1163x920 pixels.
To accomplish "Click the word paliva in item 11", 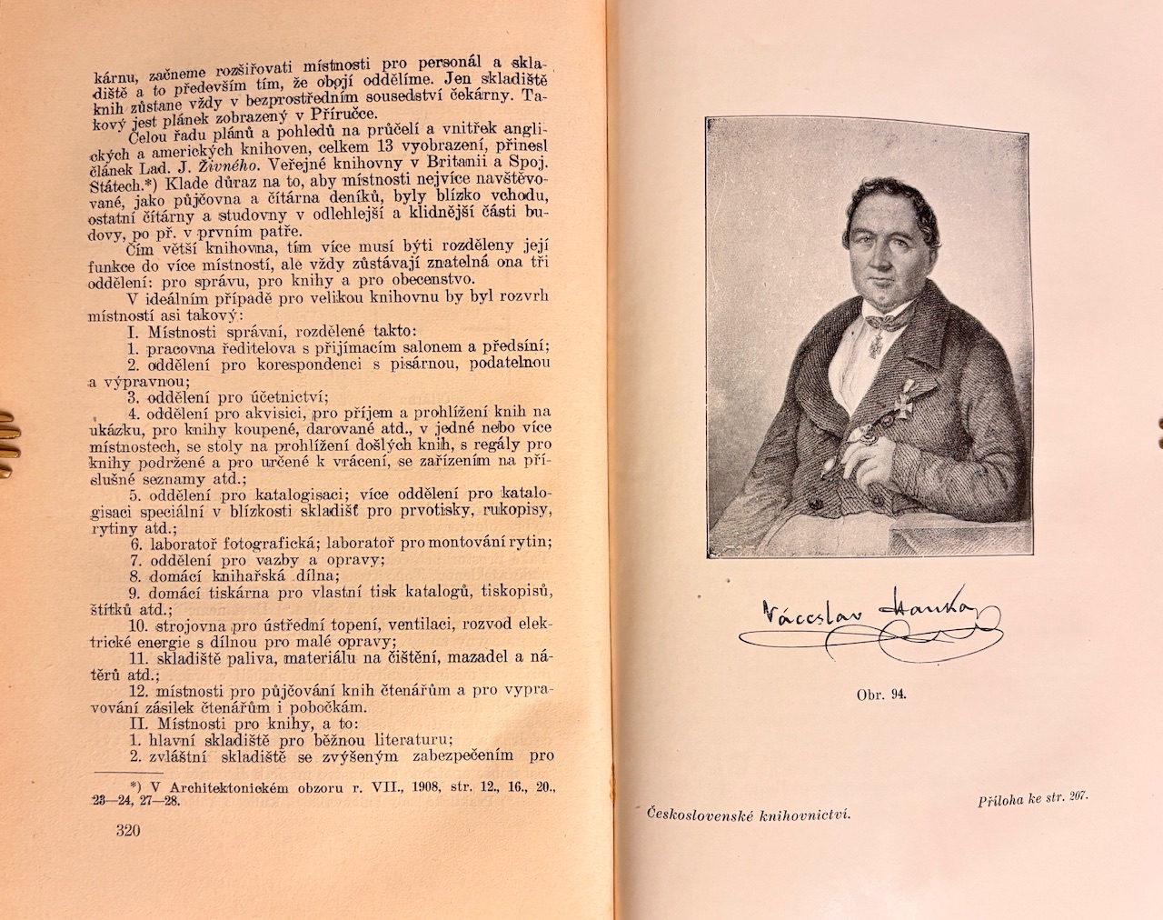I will click(x=248, y=657).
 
